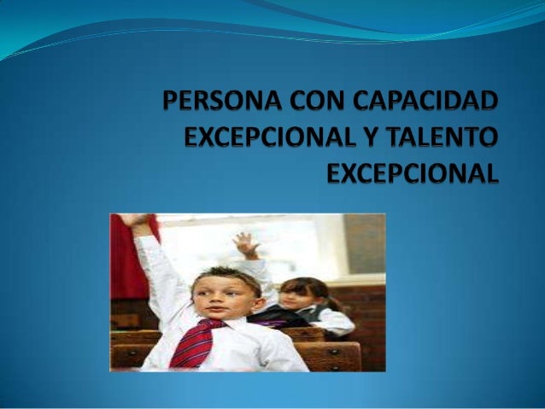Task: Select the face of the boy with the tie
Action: [x=220, y=299]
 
